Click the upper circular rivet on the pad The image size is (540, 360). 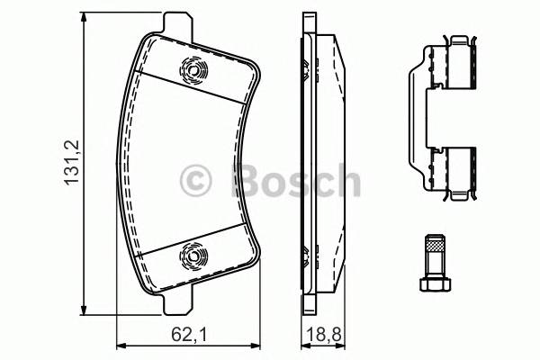pos(193,69)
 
